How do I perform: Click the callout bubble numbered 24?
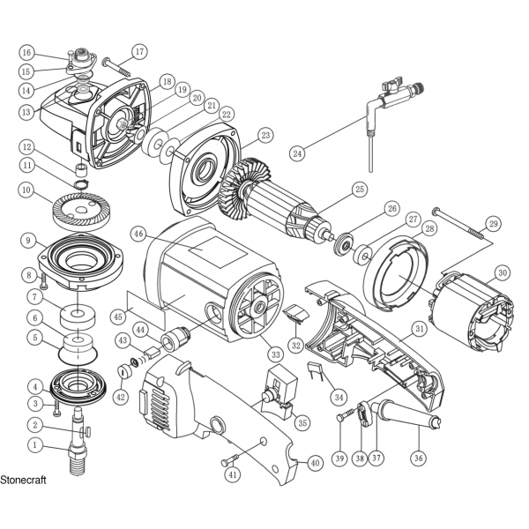pos(298,153)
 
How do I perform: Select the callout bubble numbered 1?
pos(34,446)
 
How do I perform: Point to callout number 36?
pos(419,458)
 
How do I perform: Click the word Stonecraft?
pos(23,481)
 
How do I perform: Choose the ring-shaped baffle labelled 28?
pos(395,276)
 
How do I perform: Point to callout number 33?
pos(276,354)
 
